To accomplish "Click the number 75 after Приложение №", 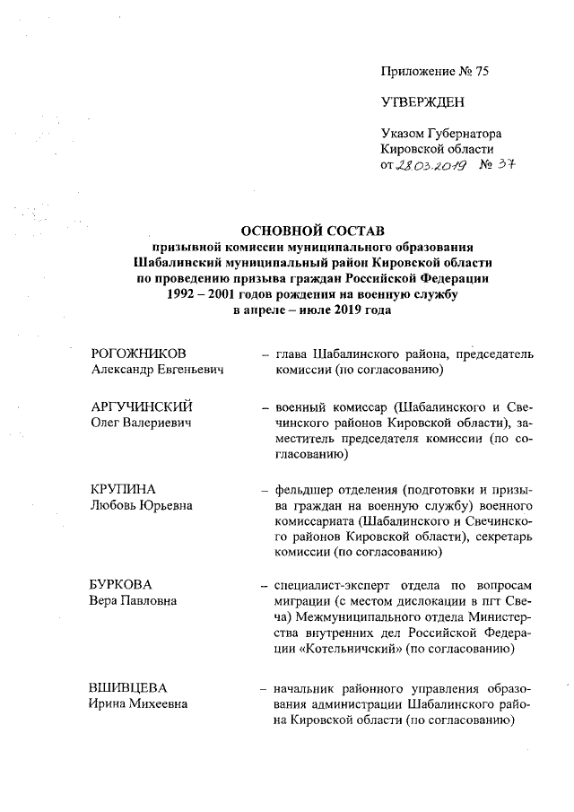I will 482,69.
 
